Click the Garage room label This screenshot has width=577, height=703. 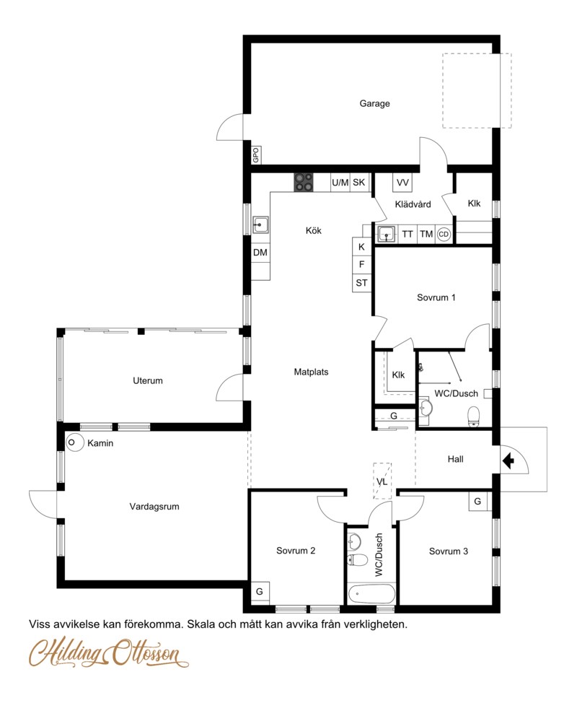(374, 103)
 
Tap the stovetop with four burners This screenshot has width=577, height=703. (304, 183)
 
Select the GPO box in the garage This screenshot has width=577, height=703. (256, 155)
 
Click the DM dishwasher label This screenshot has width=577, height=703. (260, 253)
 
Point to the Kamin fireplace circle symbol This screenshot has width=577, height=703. (75, 442)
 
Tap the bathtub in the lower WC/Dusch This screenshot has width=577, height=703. (372, 595)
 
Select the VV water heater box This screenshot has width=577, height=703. (402, 183)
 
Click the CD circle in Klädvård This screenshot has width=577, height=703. (444, 234)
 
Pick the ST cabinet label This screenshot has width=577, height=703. (361, 283)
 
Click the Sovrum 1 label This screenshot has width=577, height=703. (436, 297)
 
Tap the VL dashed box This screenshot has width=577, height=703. (382, 481)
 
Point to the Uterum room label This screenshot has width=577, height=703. (148, 380)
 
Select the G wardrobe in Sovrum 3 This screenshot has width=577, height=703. (477, 501)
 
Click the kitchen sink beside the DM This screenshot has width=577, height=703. (260, 224)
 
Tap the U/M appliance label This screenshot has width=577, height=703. (340, 183)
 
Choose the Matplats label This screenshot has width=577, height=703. (311, 372)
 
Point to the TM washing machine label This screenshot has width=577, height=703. (426, 234)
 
